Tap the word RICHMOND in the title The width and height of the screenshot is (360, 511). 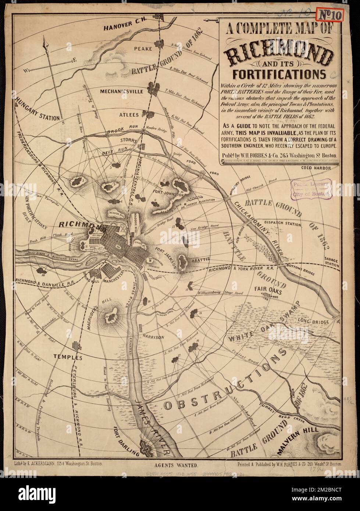pyautogui.click(x=280, y=55)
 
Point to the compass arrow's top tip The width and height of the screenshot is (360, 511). pyautogui.click(x=46, y=42)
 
